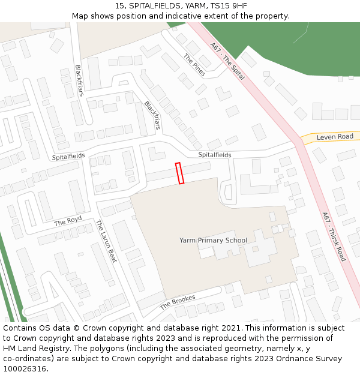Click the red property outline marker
[179, 173]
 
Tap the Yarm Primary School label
[213, 241]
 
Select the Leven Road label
[335, 137]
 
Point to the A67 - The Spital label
[227, 61]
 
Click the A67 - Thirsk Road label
[334, 236]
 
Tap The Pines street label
[194, 65]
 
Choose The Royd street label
[68, 221]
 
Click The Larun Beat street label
[106, 242]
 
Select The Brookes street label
[178, 302]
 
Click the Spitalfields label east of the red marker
[215, 155]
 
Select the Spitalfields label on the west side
[68, 156]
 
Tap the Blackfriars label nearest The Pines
[152, 115]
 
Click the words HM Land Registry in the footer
[31, 348]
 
